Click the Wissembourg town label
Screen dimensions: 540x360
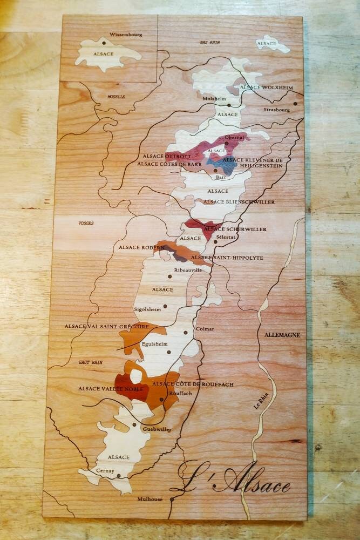tap(126, 35)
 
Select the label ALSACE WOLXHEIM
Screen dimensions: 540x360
tap(266, 87)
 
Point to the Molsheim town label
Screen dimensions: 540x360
tap(213, 99)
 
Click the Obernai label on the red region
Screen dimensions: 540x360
tap(234, 138)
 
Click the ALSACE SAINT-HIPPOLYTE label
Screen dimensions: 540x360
tap(227, 258)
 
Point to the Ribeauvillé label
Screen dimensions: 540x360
tap(188, 270)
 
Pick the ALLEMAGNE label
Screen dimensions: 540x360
tap(282, 335)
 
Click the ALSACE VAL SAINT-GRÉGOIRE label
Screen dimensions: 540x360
tap(106, 326)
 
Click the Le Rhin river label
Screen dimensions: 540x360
tap(262, 404)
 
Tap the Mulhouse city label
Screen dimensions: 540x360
tap(150, 500)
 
